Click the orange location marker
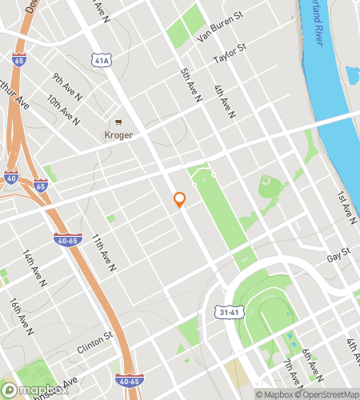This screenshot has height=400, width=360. tap(179, 200)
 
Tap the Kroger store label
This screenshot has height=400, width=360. tap(118, 135)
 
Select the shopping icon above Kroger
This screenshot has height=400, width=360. tap(118, 122)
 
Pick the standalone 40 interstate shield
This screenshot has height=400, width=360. tap(10, 177)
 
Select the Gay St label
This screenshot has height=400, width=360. tap(339, 256)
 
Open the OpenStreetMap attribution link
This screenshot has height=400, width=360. tap(327, 394)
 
